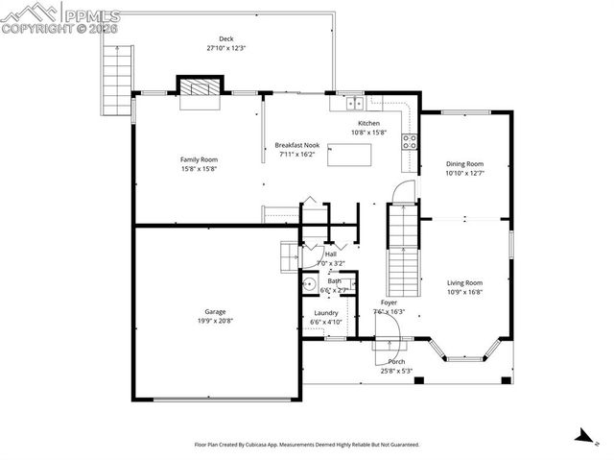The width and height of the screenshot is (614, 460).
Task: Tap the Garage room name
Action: pos(215,311)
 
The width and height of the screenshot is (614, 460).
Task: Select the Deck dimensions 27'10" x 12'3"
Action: pos(225,48)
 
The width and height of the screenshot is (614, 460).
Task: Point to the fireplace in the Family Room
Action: pos(201,87)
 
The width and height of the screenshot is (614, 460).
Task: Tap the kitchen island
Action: pos(344,155)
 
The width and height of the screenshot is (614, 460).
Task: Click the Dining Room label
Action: pos(464,163)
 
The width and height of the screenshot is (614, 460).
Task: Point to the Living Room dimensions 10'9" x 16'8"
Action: pos(464,292)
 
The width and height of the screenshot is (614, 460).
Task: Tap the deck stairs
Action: pos(115,83)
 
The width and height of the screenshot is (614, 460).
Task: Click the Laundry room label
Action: pos(325,313)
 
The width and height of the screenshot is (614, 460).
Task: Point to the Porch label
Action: pos(396,361)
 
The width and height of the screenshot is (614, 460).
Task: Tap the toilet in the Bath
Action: pos(310,284)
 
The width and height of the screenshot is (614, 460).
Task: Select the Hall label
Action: pos(330,254)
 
